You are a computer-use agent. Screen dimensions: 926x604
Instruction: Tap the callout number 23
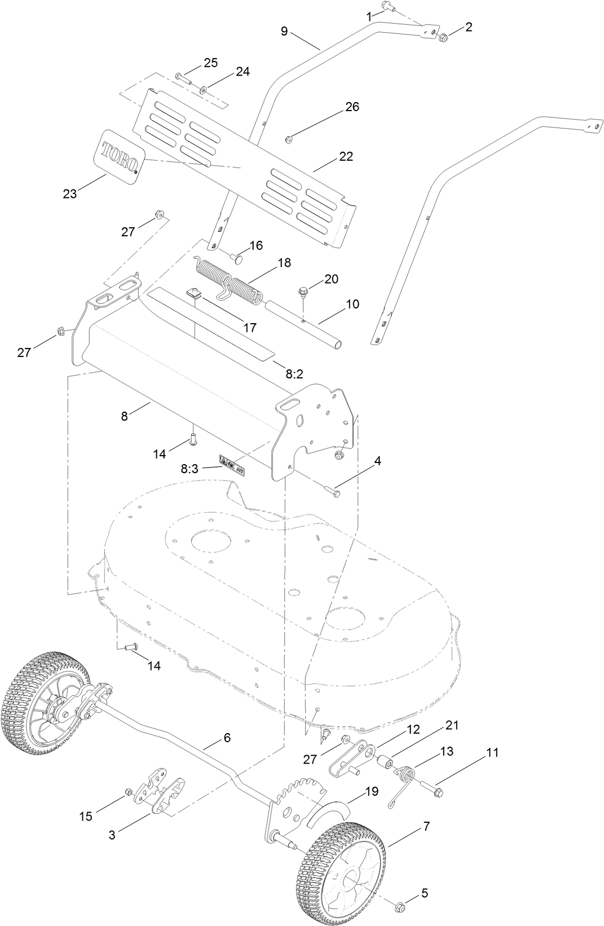[70, 193]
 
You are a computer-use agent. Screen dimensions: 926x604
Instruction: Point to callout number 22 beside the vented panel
[346, 156]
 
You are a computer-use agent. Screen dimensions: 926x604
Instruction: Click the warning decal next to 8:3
[232, 465]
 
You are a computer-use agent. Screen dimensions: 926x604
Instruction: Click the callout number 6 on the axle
[227, 737]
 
